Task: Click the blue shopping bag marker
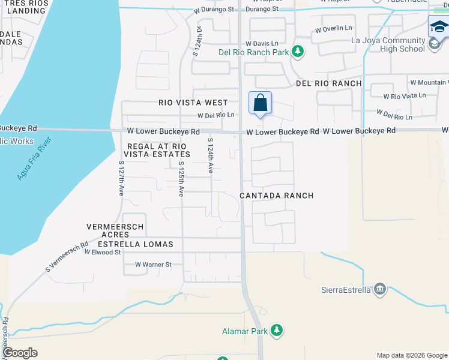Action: coord(260,103)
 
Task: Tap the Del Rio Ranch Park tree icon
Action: coord(297,52)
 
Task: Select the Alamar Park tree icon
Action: coord(277,330)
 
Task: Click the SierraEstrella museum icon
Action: coord(379,290)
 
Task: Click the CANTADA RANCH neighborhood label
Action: coord(276,196)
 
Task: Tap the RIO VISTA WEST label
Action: coord(193,103)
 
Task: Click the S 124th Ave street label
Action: coord(211,156)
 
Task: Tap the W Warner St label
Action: coord(153,264)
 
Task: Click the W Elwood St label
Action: coord(103,253)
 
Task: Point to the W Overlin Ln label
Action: coord(333,28)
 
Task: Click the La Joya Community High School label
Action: coord(388,45)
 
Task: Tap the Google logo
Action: coord(20,353)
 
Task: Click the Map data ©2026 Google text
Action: coord(411,355)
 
